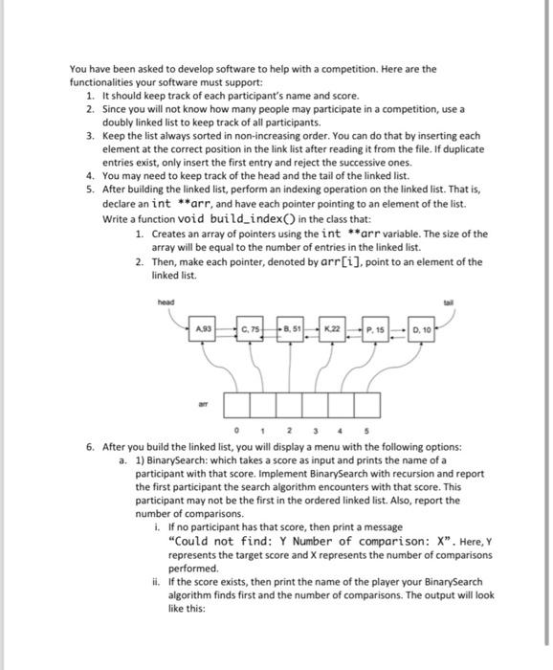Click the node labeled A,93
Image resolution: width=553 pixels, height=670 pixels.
click(x=203, y=329)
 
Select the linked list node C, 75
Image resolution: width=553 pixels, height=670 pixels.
click(x=250, y=329)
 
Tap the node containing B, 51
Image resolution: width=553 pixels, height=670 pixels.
click(x=291, y=329)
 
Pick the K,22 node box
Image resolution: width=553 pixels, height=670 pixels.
click(x=332, y=329)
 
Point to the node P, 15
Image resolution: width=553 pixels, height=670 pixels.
click(x=375, y=329)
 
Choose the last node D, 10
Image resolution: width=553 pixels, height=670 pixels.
click(x=422, y=329)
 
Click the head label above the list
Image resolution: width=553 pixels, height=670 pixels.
click(x=166, y=302)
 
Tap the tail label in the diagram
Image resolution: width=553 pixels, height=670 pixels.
click(x=449, y=302)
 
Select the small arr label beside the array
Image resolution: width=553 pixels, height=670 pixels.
click(x=204, y=403)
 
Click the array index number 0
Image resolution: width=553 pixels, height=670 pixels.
click(x=236, y=431)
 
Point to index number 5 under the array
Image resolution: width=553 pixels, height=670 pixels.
click(x=366, y=431)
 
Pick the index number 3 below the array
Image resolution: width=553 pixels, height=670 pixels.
click(x=315, y=431)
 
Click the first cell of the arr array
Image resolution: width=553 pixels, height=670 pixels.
click(x=237, y=405)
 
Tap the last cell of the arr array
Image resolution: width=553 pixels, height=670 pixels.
click(x=367, y=405)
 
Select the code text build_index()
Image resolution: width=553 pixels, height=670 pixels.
click(x=253, y=219)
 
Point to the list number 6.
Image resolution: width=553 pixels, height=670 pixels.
click(x=90, y=447)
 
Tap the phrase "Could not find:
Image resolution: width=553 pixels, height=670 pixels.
click(x=220, y=541)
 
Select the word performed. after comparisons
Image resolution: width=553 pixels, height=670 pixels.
click(x=193, y=569)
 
